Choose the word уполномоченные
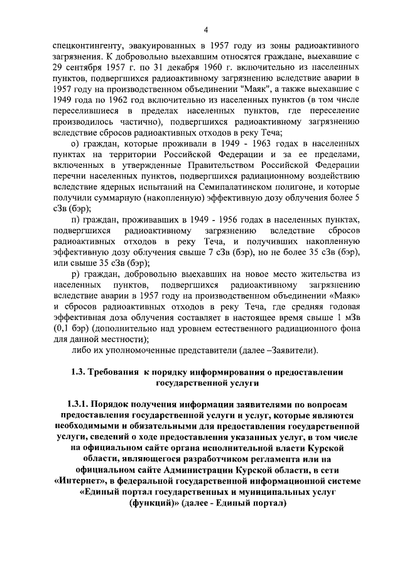pyautogui.click(x=153, y=350)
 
